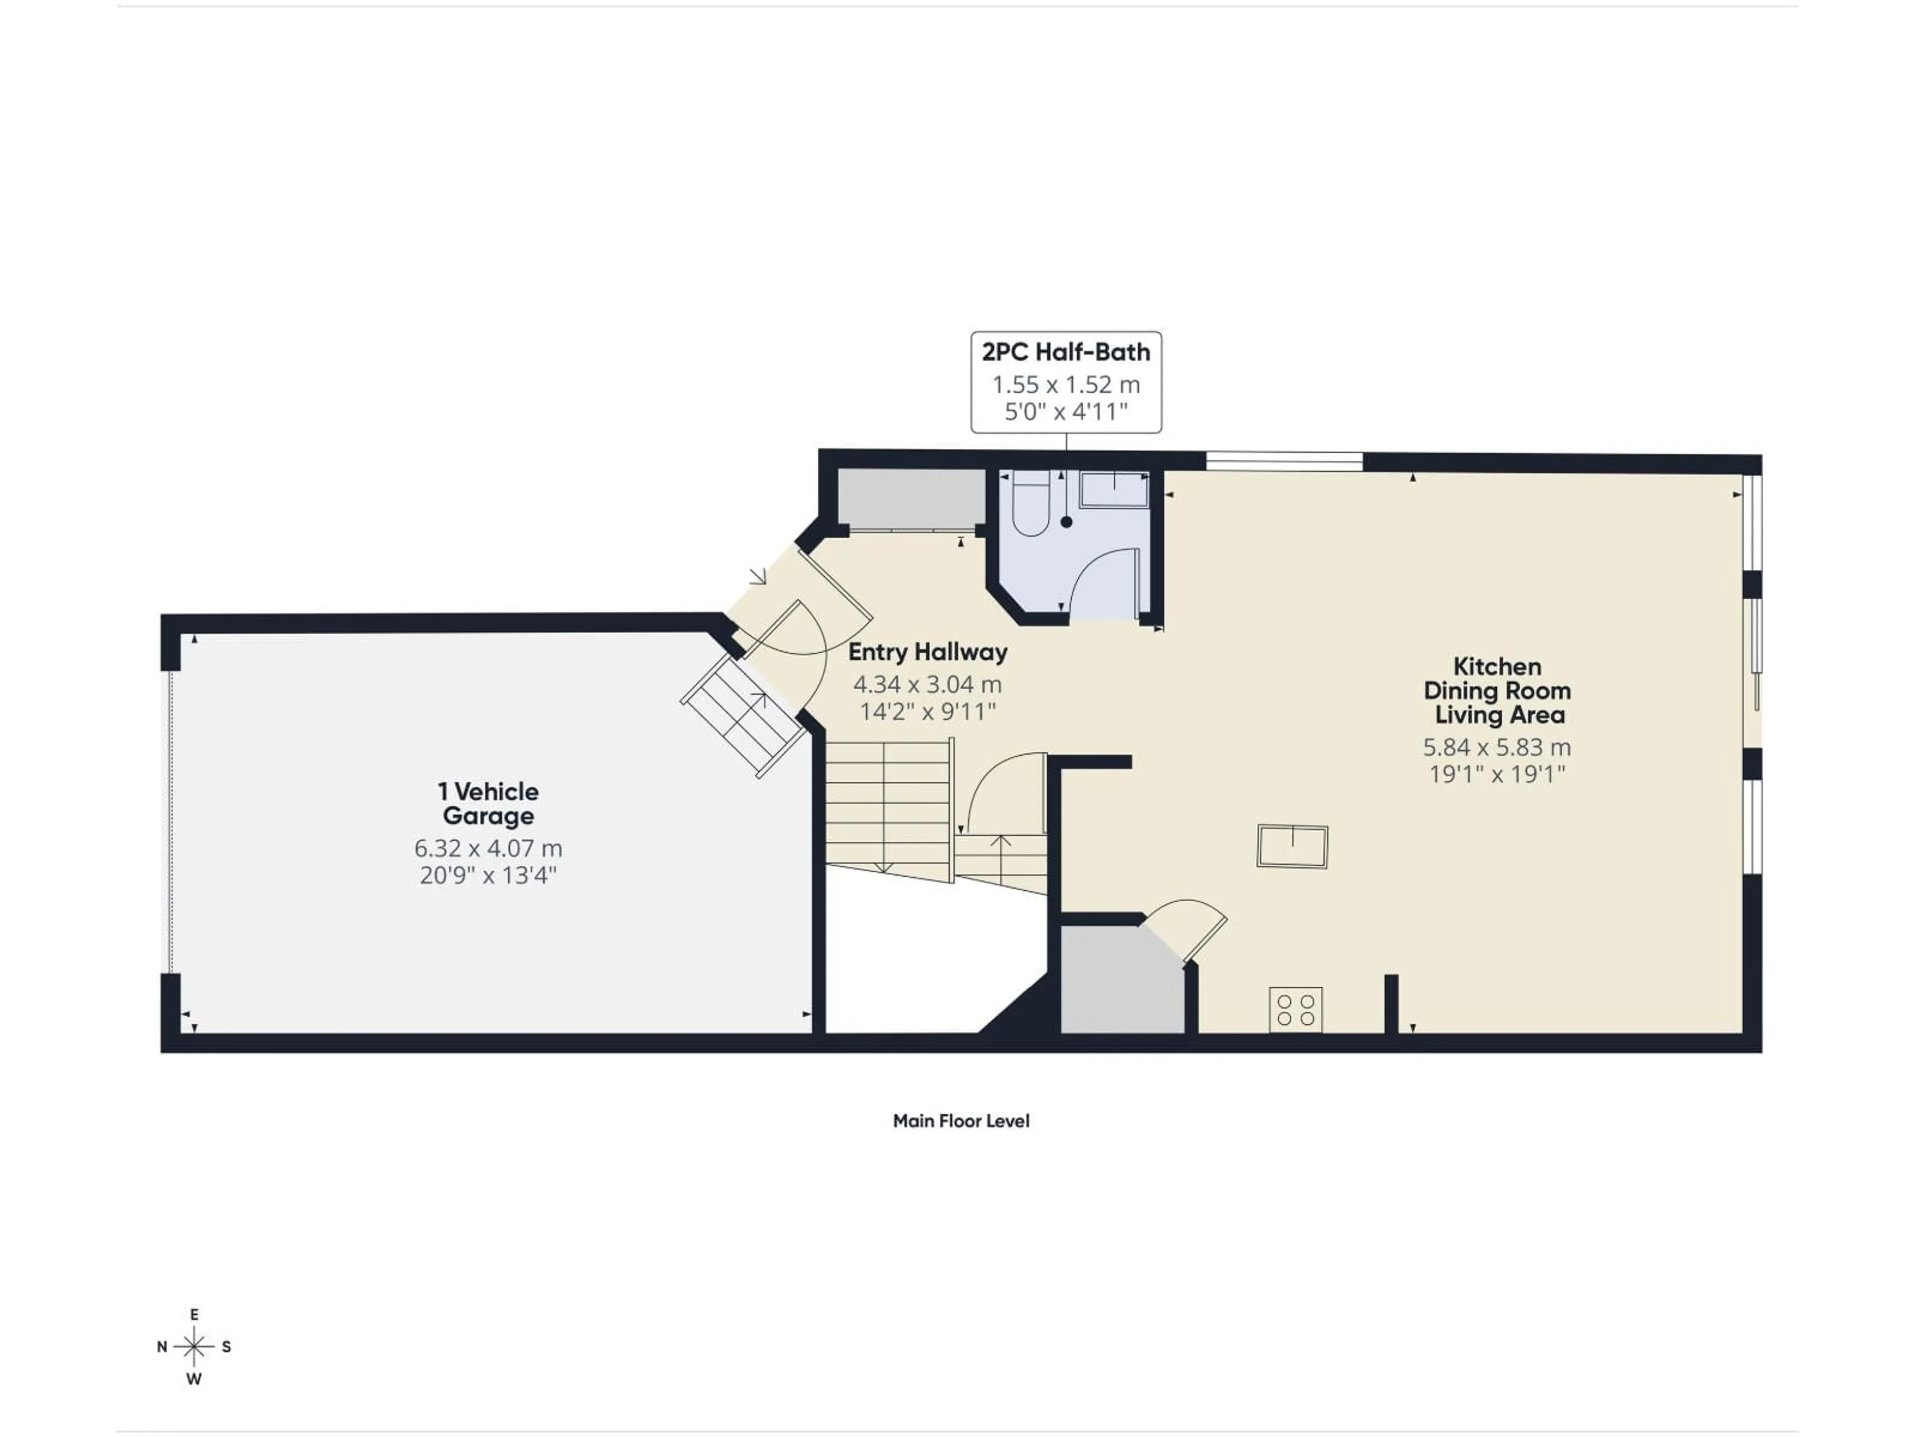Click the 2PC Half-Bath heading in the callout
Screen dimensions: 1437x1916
[1065, 352]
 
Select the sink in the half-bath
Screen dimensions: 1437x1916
[1114, 490]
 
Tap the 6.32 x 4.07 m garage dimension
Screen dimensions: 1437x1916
[487, 848]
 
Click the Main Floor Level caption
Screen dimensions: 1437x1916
[960, 1121]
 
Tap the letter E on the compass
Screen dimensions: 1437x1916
[194, 1315]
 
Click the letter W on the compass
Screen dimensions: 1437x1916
[194, 1380]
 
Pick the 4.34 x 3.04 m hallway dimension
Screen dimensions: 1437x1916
[927, 684]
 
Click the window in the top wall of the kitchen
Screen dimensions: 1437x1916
[1284, 462]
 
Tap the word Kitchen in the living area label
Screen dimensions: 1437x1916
[1497, 666]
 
